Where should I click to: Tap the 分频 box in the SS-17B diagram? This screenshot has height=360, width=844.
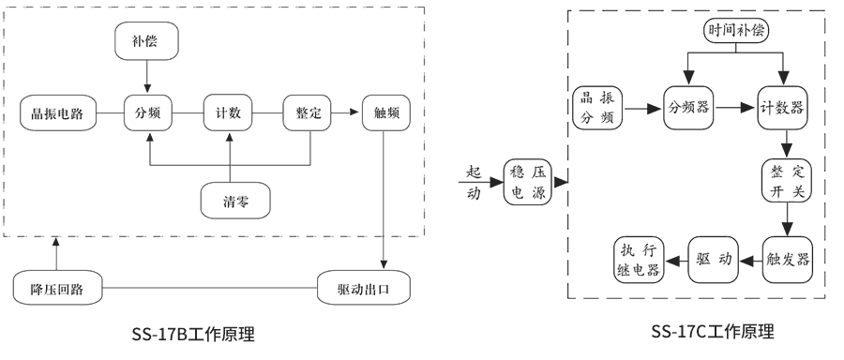pos(147,113)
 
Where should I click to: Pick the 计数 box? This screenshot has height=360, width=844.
pos(228,113)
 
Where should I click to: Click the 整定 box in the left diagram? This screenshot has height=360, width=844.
pos(309,113)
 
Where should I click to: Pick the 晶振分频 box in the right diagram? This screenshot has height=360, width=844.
pos(595,108)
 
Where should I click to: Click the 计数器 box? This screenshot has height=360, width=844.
pos(784,108)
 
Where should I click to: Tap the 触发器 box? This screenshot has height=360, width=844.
pos(788,259)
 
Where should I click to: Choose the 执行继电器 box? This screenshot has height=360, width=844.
pos(639,259)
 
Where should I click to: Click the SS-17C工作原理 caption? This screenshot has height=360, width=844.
pos(713,331)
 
